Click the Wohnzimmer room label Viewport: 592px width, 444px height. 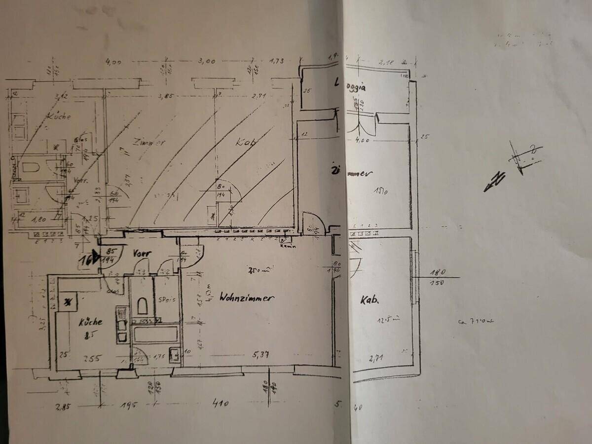click(x=247, y=297)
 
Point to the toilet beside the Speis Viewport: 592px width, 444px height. click(x=143, y=306)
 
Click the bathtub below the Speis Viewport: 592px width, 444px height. click(x=155, y=334)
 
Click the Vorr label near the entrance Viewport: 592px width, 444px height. click(x=142, y=253)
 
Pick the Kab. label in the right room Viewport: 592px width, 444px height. click(x=369, y=299)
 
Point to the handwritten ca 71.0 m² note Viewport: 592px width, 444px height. click(x=475, y=321)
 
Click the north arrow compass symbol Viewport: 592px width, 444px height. click(x=513, y=165)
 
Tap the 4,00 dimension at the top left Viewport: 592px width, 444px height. click(x=113, y=62)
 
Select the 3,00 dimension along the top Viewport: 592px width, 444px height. click(x=207, y=62)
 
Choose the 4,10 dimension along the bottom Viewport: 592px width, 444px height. click(x=220, y=404)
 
